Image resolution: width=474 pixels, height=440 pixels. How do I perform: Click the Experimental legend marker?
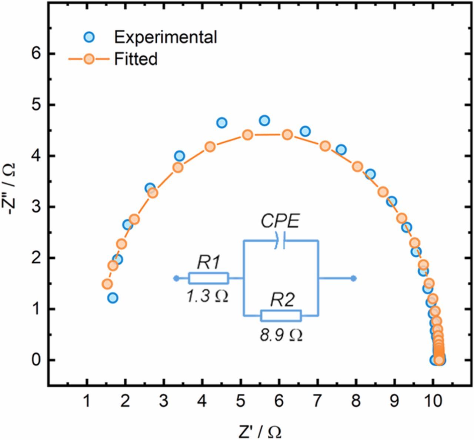point(89,37)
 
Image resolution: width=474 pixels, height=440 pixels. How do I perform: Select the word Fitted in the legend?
point(136,59)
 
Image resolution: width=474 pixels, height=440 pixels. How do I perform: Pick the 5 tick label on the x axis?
point(241,402)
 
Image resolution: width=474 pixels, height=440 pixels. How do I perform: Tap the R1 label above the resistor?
point(208,263)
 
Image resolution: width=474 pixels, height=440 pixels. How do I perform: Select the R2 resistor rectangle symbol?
point(281,316)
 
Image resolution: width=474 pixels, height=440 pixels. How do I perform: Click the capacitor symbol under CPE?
point(280,241)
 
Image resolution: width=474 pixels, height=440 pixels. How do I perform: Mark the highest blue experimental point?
point(264,120)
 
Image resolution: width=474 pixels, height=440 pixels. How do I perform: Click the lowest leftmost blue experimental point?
point(113,298)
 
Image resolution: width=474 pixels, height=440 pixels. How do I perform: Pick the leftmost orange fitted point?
point(107,284)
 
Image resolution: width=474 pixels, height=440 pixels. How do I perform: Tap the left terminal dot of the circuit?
point(176,278)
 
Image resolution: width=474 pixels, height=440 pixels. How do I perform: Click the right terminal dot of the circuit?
point(354,278)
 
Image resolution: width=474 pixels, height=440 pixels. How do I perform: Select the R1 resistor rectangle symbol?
point(208,278)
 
